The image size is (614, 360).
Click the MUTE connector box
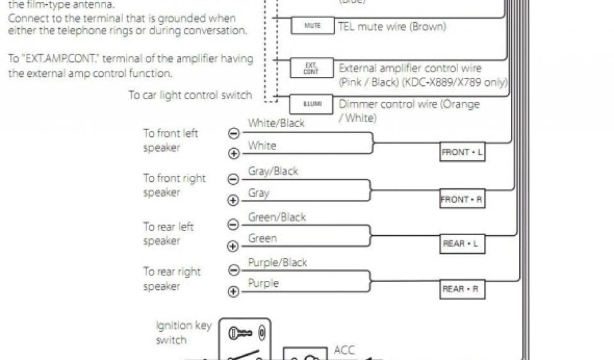tap(312, 26)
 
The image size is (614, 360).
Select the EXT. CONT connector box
tap(311, 68)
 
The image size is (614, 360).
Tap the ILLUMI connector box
tap(312, 104)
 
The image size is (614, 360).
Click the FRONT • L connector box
tap(462, 152)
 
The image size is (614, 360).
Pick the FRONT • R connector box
tap(462, 199)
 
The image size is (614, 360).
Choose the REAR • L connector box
tap(462, 244)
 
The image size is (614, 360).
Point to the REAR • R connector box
tap(462, 289)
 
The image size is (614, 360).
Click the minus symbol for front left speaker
tap(234, 134)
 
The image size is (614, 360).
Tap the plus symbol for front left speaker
tap(234, 154)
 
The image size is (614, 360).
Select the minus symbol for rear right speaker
tap(234, 270)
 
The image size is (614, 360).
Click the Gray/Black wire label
tap(273, 171)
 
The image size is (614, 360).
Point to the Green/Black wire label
tap(277, 217)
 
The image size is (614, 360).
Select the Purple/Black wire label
tap(278, 262)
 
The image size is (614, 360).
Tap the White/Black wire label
tap(276, 123)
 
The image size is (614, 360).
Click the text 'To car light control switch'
tap(189, 95)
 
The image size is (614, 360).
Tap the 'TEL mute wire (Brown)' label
tap(392, 27)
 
